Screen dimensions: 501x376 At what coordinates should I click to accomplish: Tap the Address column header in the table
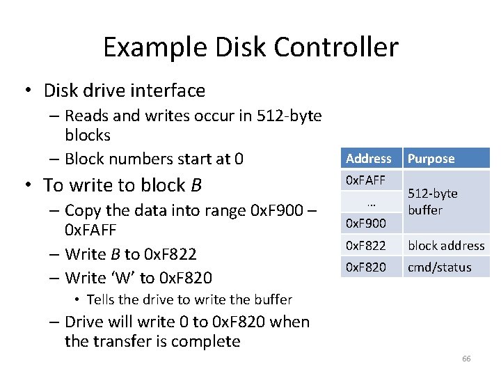click(x=369, y=159)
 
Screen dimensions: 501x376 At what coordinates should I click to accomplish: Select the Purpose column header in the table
click(x=431, y=159)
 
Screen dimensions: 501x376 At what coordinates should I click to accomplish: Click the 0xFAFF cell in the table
click(x=365, y=180)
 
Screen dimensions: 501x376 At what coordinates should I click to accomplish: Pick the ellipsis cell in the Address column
click(x=370, y=202)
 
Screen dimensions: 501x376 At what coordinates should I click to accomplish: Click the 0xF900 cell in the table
click(x=365, y=224)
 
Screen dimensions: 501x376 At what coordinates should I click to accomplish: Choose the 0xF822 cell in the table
click(x=365, y=245)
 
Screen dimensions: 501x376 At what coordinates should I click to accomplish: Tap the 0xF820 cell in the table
click(x=365, y=267)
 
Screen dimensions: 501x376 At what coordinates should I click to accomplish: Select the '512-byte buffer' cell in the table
click(x=433, y=202)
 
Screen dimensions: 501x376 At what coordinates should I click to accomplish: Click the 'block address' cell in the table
click(x=446, y=245)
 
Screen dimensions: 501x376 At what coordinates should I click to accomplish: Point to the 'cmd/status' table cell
click(x=439, y=267)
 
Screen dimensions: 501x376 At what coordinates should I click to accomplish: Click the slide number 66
click(x=466, y=359)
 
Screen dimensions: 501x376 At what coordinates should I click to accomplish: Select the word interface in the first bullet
click(x=172, y=91)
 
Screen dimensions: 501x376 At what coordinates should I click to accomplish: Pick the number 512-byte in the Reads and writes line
click(x=287, y=116)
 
